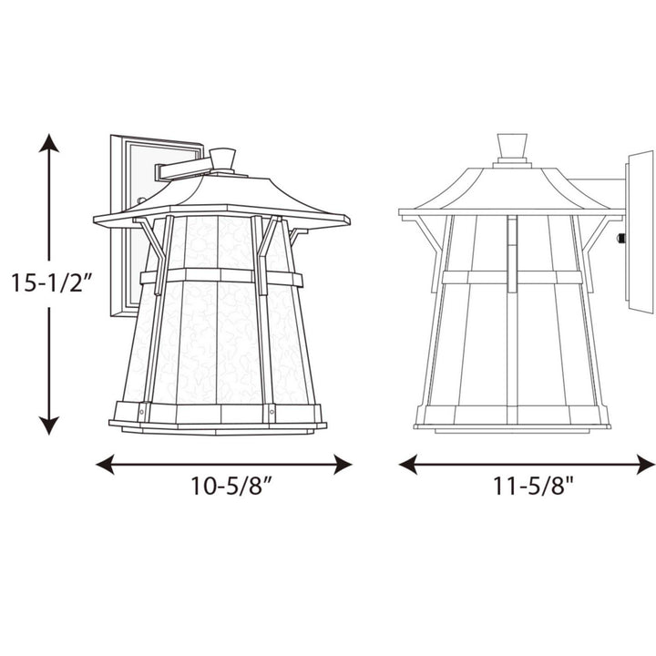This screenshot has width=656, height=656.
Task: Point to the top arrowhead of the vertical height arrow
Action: tap(49, 143)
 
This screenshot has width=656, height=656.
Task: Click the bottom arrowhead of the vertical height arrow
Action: tap(49, 425)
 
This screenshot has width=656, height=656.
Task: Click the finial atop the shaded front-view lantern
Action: tap(222, 159)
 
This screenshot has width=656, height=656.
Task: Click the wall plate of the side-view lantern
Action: tap(640, 232)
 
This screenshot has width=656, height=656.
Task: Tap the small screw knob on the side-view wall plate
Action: tap(621, 239)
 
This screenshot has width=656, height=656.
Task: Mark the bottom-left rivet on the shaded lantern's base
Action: tap(140, 415)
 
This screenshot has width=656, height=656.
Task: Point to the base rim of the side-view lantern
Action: tap(512, 423)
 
